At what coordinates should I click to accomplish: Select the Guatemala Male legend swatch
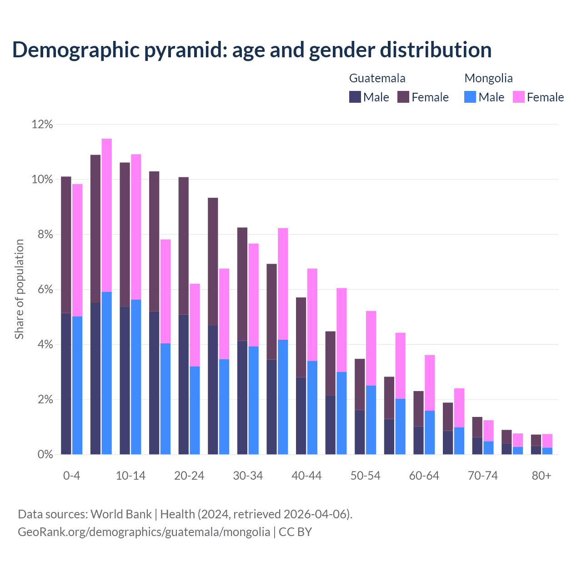click(355, 97)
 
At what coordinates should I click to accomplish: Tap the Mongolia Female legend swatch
click(518, 97)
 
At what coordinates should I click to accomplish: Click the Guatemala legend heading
click(377, 78)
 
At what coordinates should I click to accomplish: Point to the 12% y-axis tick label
click(42, 124)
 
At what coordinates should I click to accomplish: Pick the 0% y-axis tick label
click(45, 454)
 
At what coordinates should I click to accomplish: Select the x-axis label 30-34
click(248, 476)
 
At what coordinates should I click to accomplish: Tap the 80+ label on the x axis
click(542, 476)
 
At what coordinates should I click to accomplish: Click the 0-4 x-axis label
click(72, 476)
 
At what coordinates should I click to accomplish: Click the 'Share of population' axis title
click(19, 289)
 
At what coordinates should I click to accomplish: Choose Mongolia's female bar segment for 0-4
click(77, 250)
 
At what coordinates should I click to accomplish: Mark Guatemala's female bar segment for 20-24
click(183, 246)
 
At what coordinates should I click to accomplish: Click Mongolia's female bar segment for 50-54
click(371, 348)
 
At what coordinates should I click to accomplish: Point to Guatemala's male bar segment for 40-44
click(301, 416)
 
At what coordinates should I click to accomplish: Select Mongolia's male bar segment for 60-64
click(430, 432)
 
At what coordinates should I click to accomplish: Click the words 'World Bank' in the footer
click(121, 514)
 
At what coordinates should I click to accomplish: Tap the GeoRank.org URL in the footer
click(144, 532)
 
